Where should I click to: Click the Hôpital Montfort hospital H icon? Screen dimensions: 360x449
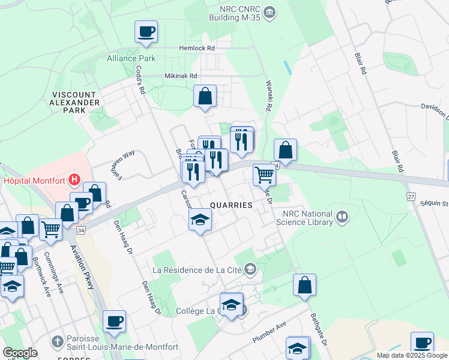click(x=74, y=178)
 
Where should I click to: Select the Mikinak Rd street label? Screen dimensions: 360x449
click(x=181, y=76)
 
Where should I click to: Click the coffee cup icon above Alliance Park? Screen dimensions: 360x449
click(x=146, y=31)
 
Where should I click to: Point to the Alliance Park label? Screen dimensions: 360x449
click(x=131, y=58)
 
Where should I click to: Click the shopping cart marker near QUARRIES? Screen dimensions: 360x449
click(x=264, y=175)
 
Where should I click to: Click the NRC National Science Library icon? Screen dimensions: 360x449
click(x=342, y=216)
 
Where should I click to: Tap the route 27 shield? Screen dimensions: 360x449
click(x=411, y=196)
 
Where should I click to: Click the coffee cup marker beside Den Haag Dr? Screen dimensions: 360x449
click(x=113, y=321)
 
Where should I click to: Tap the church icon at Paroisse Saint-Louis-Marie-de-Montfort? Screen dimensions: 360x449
click(x=57, y=341)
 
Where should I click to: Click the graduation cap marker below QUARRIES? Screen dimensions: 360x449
click(x=200, y=220)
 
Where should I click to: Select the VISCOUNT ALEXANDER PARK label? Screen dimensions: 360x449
click(x=75, y=103)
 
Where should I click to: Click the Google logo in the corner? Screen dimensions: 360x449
click(x=20, y=353)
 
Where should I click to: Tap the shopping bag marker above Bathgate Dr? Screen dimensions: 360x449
click(x=304, y=285)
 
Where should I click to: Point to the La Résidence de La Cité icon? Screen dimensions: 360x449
click(x=250, y=270)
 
